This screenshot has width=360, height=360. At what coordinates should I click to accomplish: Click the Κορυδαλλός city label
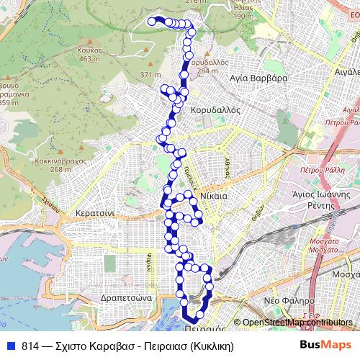coord(215,112)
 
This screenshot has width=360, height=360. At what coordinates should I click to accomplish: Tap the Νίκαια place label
coord(215,195)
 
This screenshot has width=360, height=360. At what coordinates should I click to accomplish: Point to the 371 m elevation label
coord(150,75)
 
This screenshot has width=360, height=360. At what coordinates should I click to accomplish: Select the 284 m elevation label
coord(207,71)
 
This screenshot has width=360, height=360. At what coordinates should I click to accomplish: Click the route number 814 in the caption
coord(31,345)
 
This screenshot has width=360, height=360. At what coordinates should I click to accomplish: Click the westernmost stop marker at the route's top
coord(152,22)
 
